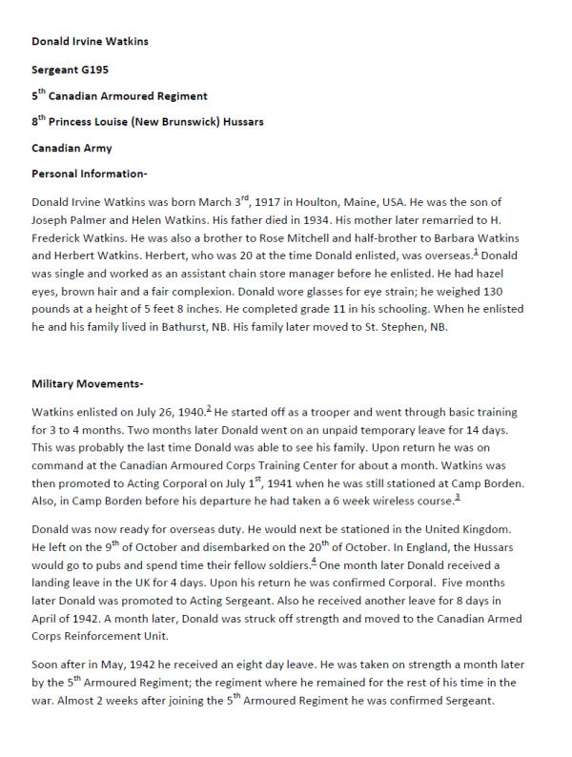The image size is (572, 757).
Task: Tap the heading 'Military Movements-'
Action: [87, 383]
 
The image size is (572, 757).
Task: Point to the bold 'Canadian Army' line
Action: [71, 148]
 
